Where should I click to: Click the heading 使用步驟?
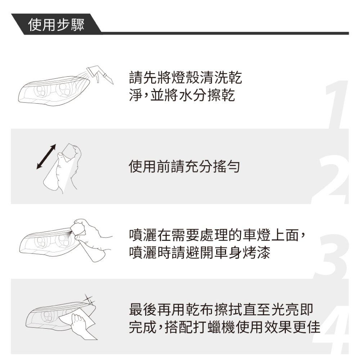[56, 25]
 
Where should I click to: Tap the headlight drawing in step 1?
[53, 91]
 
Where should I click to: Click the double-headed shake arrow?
[46, 157]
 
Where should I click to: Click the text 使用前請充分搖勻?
[184, 166]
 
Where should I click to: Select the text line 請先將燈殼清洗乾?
[185, 77]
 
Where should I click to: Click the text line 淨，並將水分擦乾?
[182, 95]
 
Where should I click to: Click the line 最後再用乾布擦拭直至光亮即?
[221, 310]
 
